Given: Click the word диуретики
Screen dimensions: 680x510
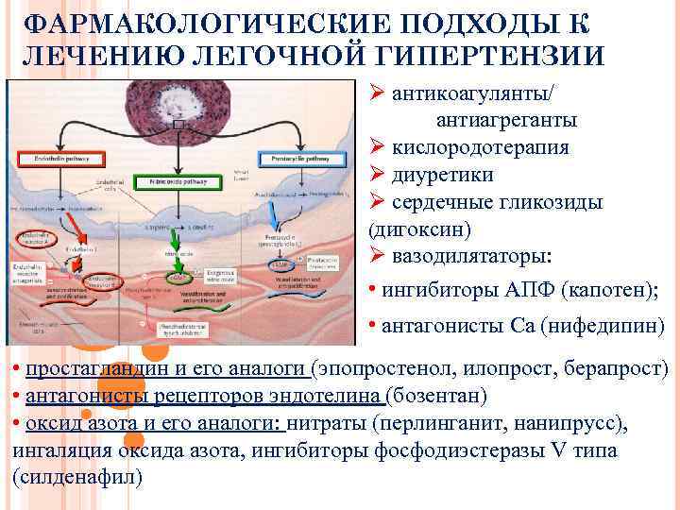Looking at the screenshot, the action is pos(442,176).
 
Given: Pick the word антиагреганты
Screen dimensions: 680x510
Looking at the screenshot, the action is pos(506,121).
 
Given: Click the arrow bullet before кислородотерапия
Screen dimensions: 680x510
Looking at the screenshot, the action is pos(375,148).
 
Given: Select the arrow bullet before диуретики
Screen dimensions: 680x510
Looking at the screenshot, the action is pos(375,176).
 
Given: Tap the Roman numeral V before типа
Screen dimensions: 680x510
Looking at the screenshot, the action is pos(557,450).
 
